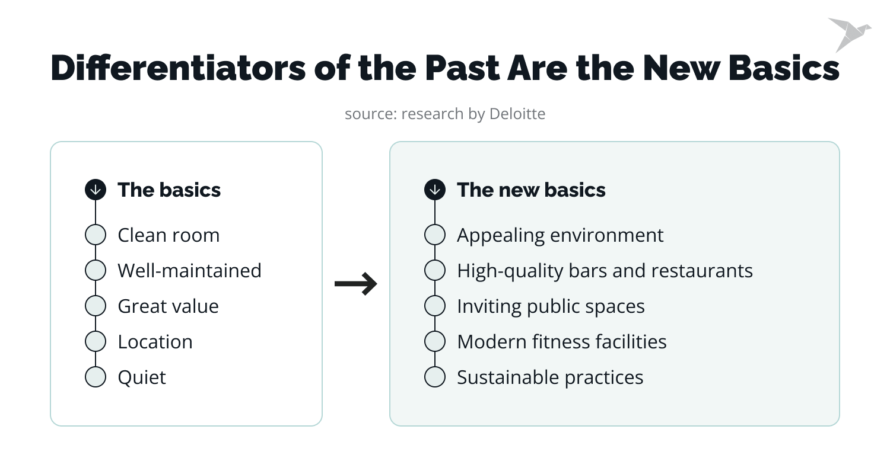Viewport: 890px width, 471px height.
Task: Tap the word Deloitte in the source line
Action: click(x=517, y=113)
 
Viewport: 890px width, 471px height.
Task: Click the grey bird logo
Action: click(x=848, y=33)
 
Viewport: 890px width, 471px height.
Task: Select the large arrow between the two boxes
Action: click(x=355, y=284)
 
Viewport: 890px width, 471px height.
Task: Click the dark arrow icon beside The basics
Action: click(x=96, y=190)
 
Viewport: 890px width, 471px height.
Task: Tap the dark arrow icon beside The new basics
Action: click(x=435, y=190)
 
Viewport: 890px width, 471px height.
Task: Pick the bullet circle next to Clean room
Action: click(x=96, y=235)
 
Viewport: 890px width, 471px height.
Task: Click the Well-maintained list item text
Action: click(x=189, y=270)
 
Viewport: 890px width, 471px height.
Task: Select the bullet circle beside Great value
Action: click(x=96, y=306)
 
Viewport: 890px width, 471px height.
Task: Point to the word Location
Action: click(x=155, y=341)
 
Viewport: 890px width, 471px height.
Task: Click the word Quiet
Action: click(x=142, y=377)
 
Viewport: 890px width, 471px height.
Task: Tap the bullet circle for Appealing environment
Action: click(x=435, y=235)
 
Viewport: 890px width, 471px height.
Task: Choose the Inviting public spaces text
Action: click(x=550, y=306)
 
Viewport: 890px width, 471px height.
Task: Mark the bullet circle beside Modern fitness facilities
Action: click(x=435, y=341)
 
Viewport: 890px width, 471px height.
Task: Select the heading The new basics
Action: click(x=531, y=190)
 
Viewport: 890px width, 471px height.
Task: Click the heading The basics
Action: click(x=169, y=190)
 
